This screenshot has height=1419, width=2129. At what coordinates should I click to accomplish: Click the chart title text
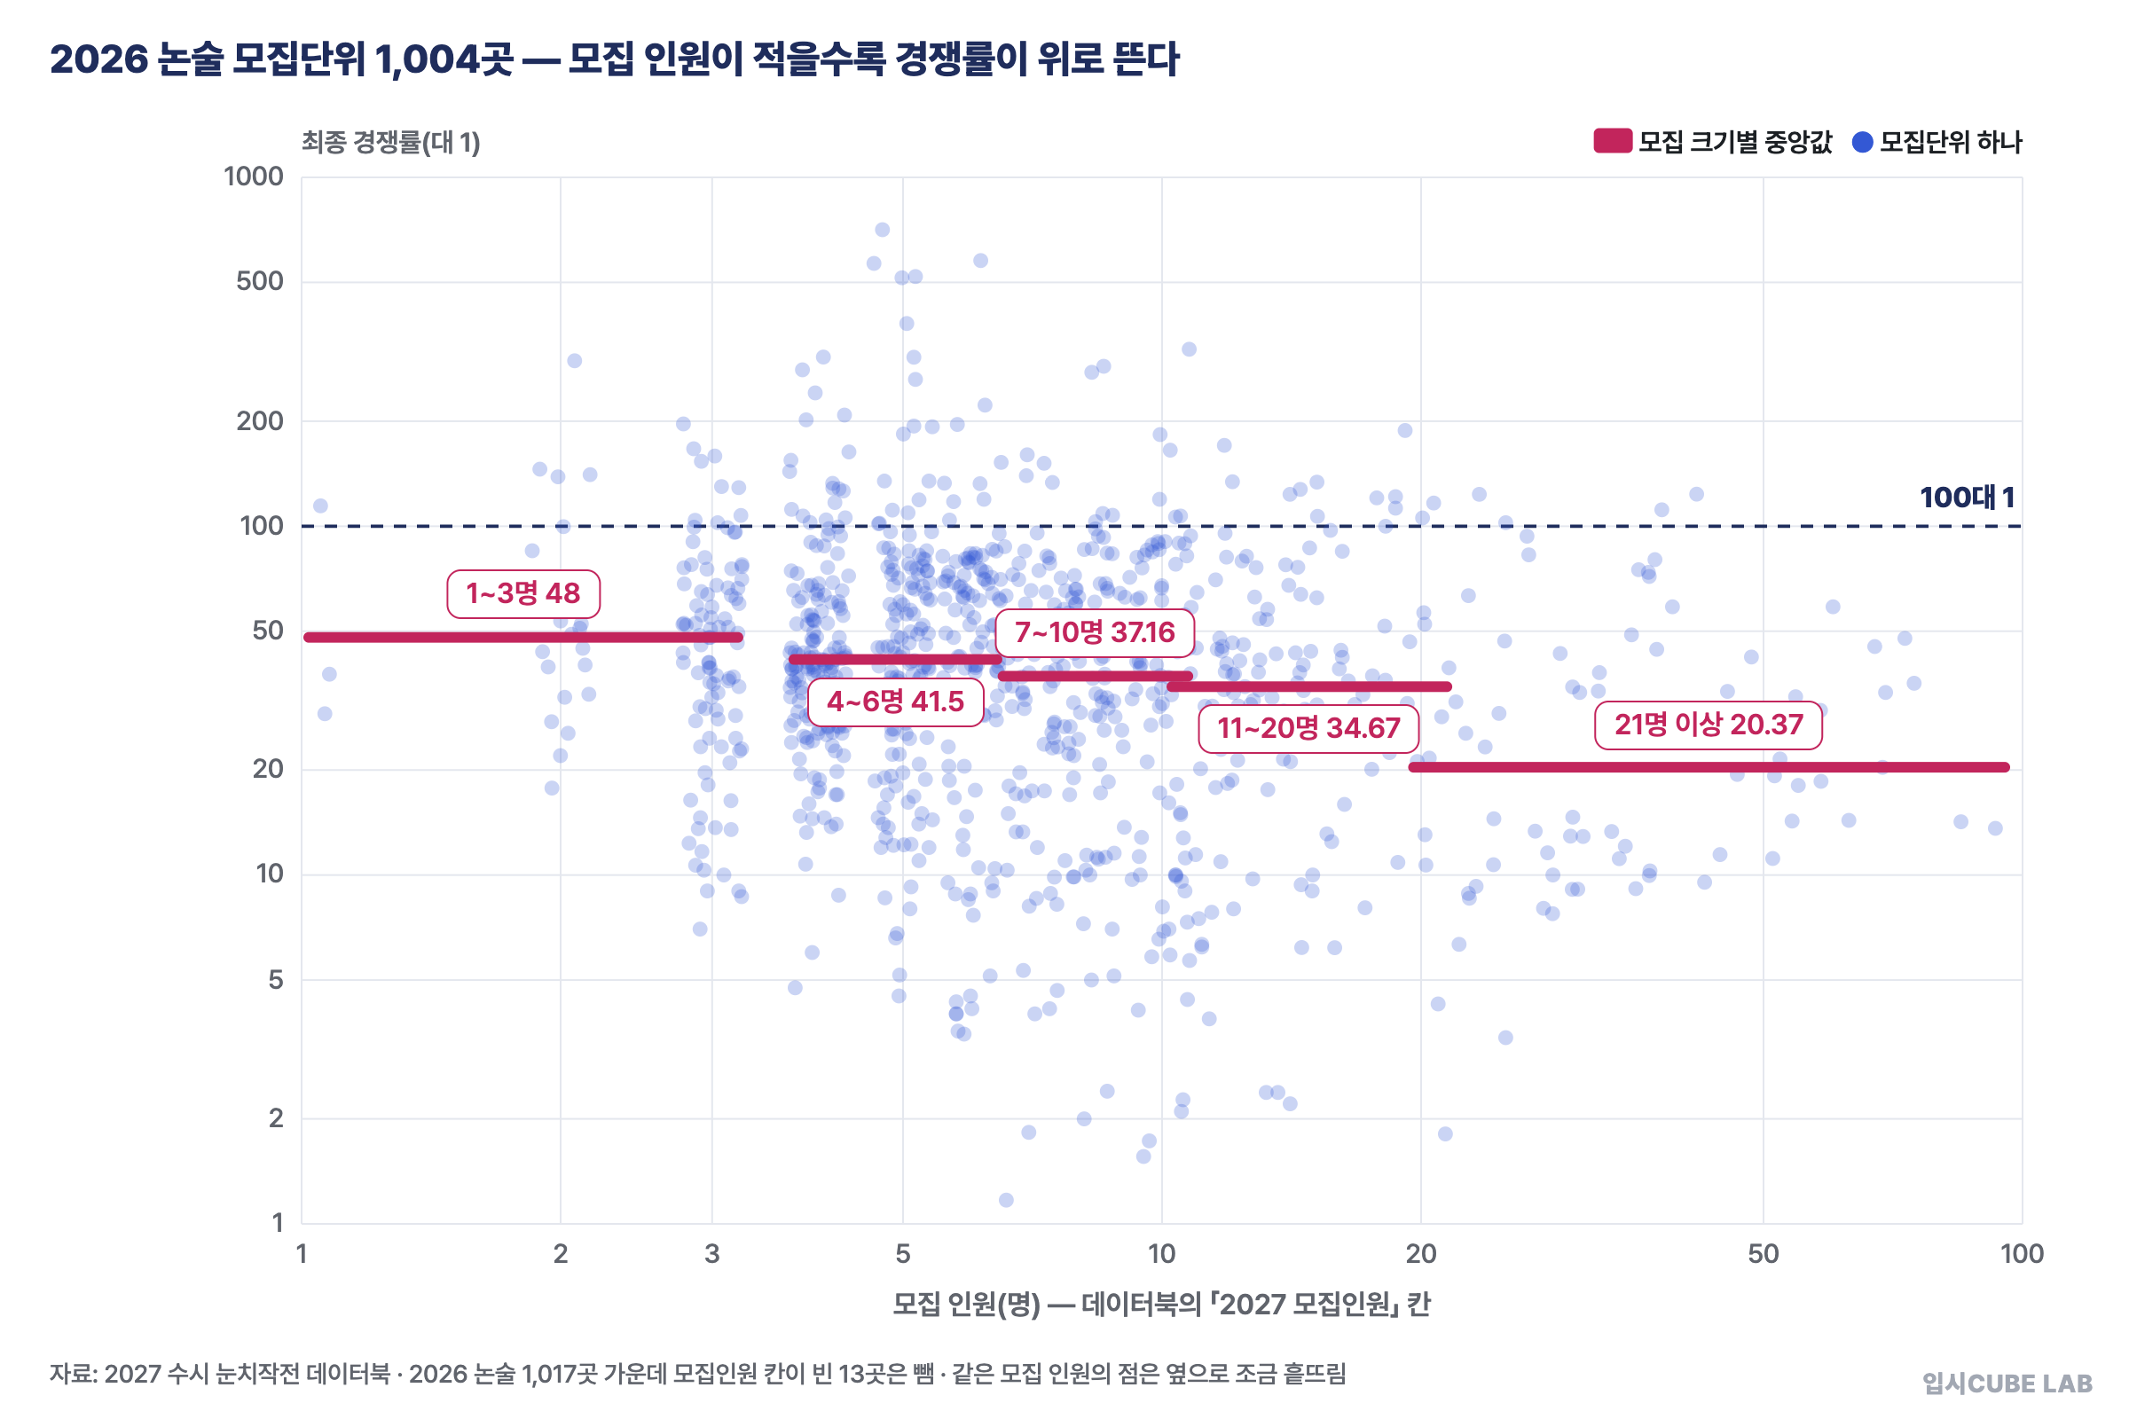coord(615,59)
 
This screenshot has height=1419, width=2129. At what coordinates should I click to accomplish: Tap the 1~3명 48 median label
coord(523,593)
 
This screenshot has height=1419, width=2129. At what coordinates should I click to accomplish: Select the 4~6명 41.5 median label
coord(895,702)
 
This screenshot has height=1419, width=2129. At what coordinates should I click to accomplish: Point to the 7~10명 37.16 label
coord(1095,631)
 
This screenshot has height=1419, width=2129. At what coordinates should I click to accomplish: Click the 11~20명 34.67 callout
coord(1308,727)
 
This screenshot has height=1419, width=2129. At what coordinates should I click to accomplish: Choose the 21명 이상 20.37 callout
coord(1709,725)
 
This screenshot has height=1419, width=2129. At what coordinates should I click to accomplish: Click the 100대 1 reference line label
coord(1966,497)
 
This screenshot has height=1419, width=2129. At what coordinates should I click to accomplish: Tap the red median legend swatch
coord(1613,141)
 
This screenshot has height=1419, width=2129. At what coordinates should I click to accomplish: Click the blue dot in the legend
coord(1862,142)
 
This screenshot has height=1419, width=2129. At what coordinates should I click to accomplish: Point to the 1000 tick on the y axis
coord(254,176)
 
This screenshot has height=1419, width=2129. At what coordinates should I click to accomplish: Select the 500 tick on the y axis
coord(260,281)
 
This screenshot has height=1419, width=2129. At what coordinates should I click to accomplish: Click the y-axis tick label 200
coord(260,420)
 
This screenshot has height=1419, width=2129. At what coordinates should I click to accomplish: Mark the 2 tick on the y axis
coord(276,1118)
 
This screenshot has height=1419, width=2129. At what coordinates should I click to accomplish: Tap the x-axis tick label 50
coord(1764,1254)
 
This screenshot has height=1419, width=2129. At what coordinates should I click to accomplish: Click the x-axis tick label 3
coord(712,1254)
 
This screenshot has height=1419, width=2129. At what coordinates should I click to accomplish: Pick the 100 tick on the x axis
coord(2023,1254)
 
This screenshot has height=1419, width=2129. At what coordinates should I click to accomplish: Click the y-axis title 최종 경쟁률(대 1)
coord(391,142)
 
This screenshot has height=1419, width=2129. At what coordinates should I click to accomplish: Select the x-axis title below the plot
coord(1161,1304)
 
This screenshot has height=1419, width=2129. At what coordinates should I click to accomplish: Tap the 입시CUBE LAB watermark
coord(2007,1384)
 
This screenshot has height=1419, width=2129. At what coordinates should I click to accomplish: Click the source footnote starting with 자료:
coord(698,1374)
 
